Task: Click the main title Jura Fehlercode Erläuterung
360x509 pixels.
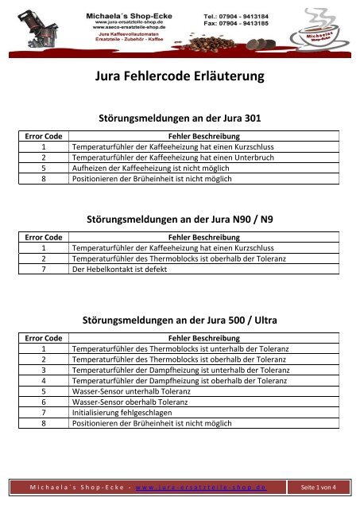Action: click(179, 78)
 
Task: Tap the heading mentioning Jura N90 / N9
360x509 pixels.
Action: click(179, 218)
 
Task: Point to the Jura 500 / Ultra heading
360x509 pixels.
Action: click(179, 321)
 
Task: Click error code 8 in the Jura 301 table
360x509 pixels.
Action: click(44, 179)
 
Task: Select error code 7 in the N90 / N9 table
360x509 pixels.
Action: click(44, 269)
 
